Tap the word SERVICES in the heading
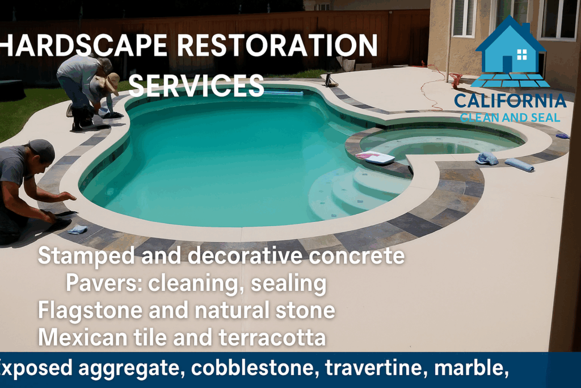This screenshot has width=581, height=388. pos(196,85)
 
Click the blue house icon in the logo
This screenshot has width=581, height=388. pos(510,52)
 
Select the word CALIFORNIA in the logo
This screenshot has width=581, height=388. pos(510,101)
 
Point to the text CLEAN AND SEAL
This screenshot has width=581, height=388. pos(510,118)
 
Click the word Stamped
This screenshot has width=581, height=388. pos(86,256)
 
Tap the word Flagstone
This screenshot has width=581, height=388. pos(90,311)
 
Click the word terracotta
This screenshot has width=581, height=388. pos(272,337)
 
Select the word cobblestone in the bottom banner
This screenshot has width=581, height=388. pos(255,368)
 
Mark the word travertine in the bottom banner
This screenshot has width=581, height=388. pos(377,368)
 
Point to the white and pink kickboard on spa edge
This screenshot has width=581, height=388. pos(375,158)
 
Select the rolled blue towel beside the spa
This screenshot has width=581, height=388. pos(520,165)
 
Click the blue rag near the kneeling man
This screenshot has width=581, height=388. pos(77,230)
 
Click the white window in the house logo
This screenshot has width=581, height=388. pos(522,55)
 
